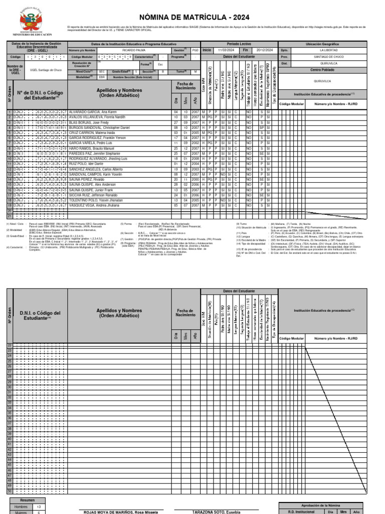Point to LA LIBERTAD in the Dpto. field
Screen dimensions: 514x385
tap(329, 51)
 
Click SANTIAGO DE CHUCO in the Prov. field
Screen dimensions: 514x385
tap(329, 57)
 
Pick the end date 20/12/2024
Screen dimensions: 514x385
tap(264, 51)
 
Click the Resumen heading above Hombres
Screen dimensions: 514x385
tap(28, 501)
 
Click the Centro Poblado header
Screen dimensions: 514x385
tap(329, 70)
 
